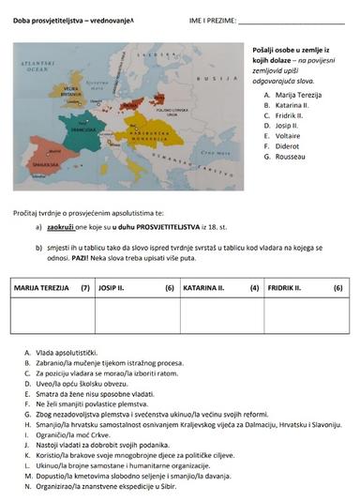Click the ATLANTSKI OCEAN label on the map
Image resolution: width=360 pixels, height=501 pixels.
pos(37,65)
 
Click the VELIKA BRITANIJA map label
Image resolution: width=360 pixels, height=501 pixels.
pos(72,93)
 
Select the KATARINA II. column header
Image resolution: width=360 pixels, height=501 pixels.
pos(207,288)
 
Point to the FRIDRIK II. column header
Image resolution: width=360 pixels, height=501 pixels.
pos(290,288)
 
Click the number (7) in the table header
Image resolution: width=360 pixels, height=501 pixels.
pos(85,288)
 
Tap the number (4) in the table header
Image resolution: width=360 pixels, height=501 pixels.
pos(254,288)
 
